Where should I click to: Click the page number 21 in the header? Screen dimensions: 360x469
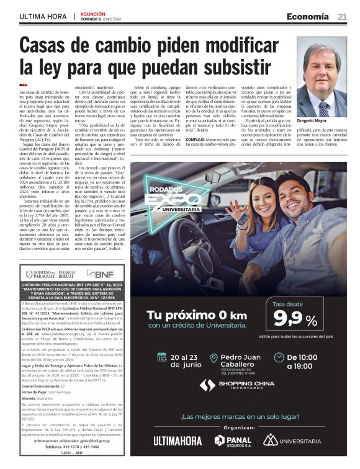pos(342,17)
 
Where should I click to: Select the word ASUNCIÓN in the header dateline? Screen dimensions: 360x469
pos(94,13)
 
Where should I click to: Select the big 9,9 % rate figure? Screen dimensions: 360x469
pos(295,320)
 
